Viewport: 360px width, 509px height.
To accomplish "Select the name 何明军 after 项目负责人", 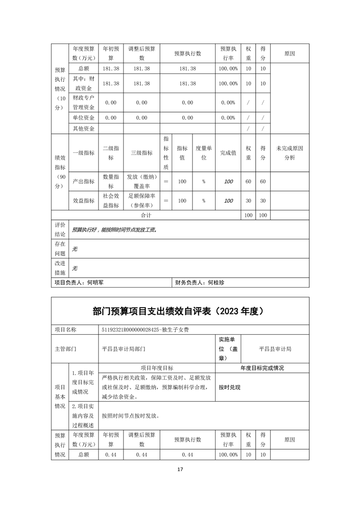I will coord(95,282).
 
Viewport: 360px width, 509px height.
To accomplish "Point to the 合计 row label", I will coord(146,215).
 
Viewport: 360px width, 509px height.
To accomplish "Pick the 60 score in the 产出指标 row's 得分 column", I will coord(263,181).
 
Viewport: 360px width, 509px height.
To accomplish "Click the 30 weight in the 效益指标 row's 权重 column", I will coord(248,201).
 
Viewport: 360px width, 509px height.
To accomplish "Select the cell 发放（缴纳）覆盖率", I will coord(142,181).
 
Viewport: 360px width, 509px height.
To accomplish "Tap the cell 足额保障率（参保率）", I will coord(142,201).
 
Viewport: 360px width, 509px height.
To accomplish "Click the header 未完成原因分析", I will coord(290,153).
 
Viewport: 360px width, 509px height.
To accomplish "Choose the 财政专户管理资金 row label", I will coord(84,103).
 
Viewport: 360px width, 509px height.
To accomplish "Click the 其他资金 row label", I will coord(84,128).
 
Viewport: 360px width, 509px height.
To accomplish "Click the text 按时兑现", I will coord(229,387).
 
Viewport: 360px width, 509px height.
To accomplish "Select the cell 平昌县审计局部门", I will coord(124,349).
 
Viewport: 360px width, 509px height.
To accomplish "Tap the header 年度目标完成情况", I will coord(262,368).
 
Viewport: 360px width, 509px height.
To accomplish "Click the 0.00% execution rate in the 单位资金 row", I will coord(228,117).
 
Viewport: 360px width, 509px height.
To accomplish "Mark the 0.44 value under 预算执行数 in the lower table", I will coord(187,455).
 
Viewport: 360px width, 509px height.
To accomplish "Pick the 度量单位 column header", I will coord(204,153).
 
